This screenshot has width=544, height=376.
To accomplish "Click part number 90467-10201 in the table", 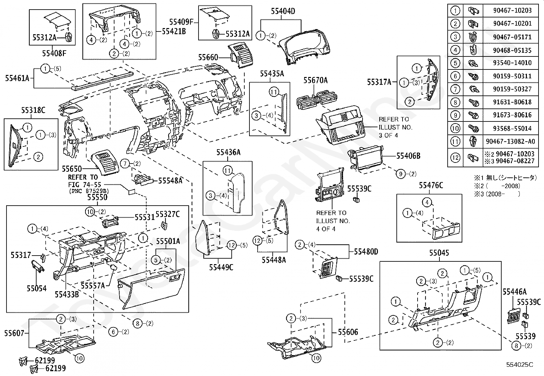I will coord(512,24).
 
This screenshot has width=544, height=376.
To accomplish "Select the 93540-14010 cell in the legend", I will coord(512,63).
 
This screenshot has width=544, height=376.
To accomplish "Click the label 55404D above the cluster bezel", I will coord(283,11).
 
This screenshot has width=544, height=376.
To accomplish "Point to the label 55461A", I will coord(17,78).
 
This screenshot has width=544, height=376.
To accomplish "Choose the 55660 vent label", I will coord(208,57).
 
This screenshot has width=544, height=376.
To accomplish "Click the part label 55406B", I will coord(408,156).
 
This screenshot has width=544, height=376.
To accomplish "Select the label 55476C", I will coord(431,185).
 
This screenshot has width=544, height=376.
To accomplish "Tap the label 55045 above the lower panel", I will coord(439,253).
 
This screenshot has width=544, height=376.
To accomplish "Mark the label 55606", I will coord(348,332).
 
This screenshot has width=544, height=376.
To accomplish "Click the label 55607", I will coord(14,333).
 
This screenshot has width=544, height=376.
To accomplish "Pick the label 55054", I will coord(37,288).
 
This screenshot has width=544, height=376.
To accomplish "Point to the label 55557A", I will coord(93,285).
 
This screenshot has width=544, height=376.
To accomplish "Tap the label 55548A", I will coord(170,180).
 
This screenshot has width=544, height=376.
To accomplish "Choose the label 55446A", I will coord(514,291).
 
